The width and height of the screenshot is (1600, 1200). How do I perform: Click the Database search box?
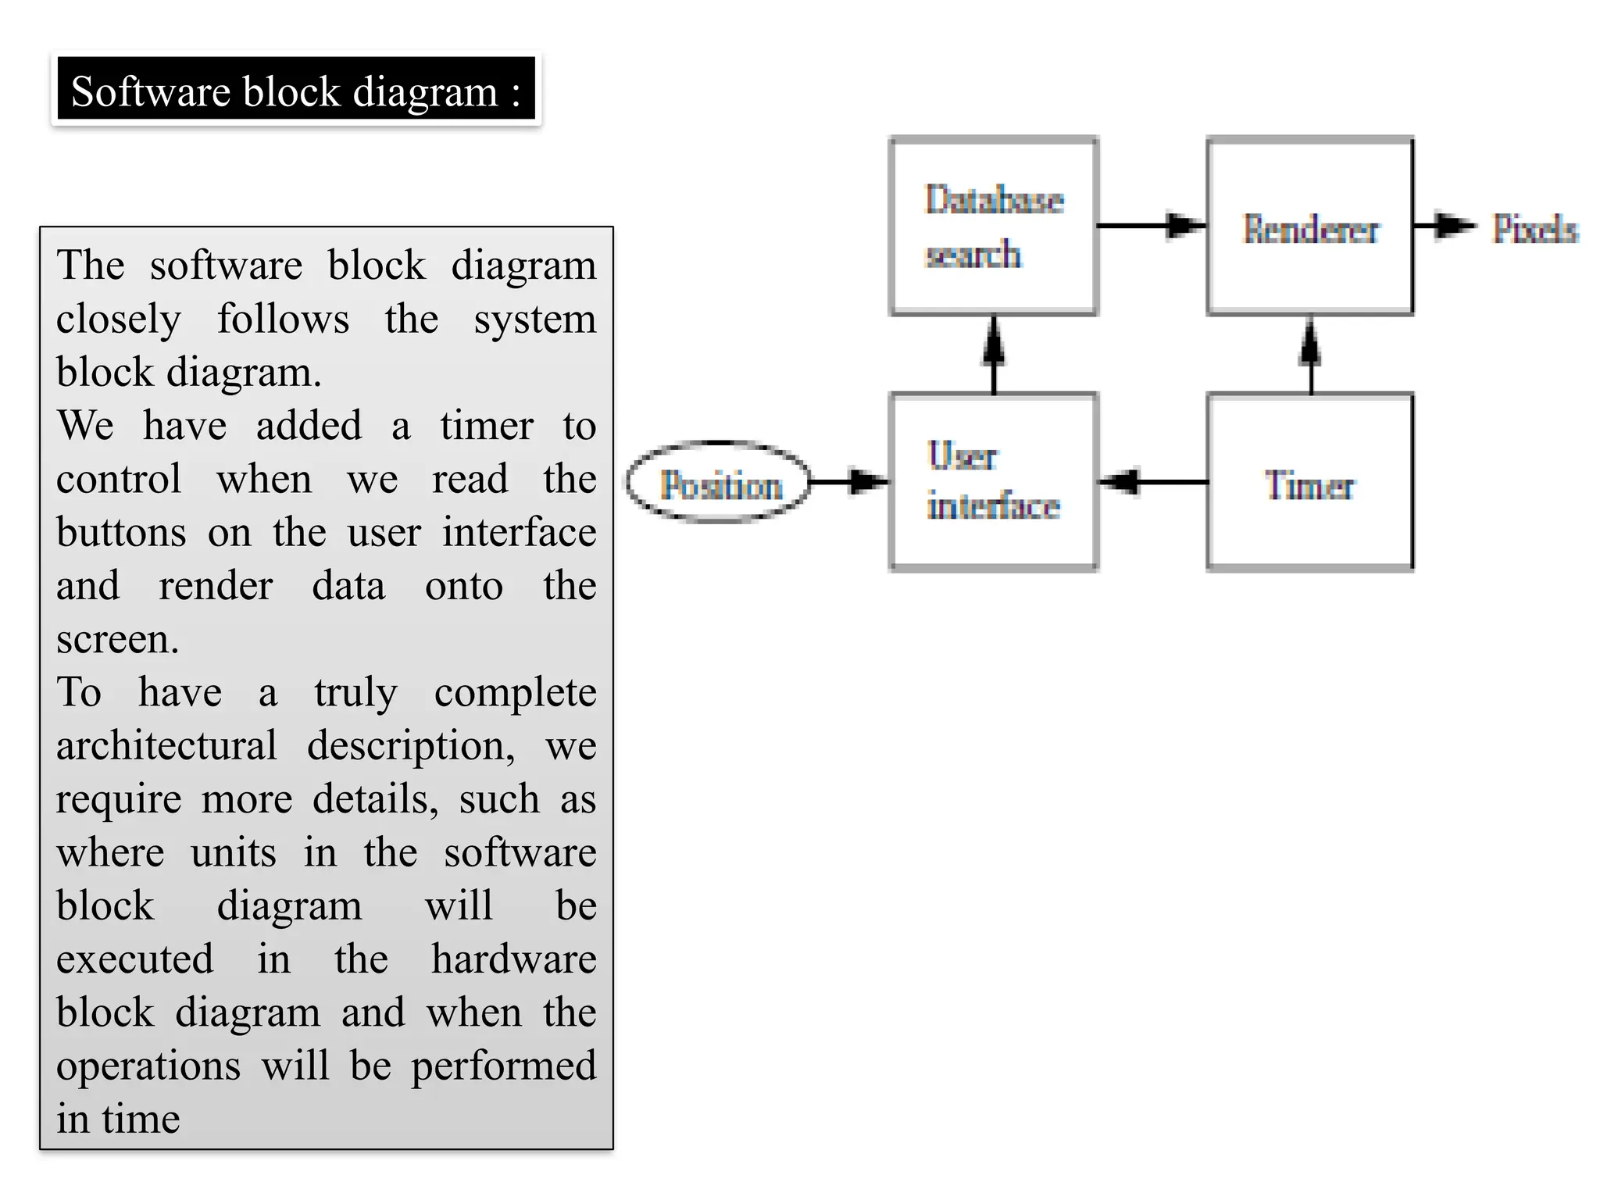click(994, 227)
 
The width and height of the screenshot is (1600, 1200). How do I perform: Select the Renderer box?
click(1310, 227)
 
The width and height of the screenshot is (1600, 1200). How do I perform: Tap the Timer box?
click(1310, 483)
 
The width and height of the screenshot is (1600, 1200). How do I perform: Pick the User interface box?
click(994, 483)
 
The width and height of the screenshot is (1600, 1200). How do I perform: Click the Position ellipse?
click(720, 483)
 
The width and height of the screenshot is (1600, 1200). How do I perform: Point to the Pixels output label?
click(1534, 228)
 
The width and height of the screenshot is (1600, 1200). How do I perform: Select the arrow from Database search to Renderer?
click(1152, 226)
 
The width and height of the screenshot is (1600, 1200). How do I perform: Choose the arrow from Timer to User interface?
click(1153, 481)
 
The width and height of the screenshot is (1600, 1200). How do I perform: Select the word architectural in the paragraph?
click(166, 745)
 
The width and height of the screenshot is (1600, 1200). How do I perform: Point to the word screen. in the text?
click(117, 639)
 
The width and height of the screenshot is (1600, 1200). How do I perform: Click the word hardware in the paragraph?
click(513, 959)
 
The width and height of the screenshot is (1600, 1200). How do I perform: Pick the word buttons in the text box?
click(121, 533)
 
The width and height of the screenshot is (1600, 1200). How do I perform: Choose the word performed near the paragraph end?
click(503, 1066)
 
